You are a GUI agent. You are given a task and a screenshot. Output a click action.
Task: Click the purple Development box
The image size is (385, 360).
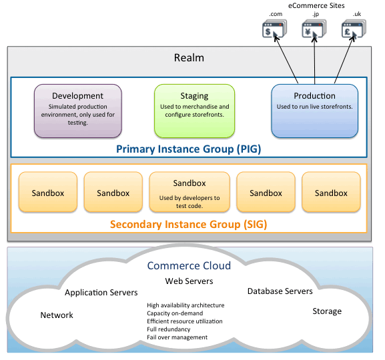[x=78, y=111]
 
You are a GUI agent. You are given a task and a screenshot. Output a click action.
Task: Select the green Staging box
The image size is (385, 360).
[x=194, y=111]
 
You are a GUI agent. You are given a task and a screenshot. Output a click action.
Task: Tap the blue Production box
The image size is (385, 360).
[x=314, y=111]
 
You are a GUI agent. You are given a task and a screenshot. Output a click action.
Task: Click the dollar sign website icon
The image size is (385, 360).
[x=274, y=29]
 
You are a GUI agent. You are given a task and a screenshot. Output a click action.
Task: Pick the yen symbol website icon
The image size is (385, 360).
[x=314, y=29]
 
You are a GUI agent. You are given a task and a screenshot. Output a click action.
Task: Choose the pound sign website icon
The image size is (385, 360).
[x=354, y=29]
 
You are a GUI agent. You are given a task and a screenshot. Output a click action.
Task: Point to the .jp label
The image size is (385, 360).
[x=316, y=14]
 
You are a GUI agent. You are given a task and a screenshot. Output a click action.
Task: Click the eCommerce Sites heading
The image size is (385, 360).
[x=316, y=5]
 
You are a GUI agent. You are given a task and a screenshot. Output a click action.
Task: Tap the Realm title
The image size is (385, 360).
[x=189, y=58]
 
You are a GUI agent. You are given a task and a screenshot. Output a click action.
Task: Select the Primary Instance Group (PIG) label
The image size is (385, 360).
[x=189, y=149]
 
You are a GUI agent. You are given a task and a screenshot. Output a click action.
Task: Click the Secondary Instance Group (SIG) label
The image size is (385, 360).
[x=189, y=224]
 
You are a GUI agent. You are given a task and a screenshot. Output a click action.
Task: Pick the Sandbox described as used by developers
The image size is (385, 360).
[x=189, y=192]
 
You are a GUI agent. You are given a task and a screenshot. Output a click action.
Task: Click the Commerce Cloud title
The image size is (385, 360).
[x=189, y=265]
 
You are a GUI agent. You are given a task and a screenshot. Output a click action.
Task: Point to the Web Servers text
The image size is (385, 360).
[x=189, y=281]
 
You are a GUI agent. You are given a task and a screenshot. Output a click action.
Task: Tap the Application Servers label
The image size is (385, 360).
[x=101, y=293]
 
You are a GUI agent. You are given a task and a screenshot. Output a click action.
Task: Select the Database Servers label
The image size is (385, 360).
[x=280, y=291]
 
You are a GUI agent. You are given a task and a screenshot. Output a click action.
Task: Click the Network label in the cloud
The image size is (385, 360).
[x=57, y=315]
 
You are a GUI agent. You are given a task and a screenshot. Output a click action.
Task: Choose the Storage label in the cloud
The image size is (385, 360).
[x=327, y=311]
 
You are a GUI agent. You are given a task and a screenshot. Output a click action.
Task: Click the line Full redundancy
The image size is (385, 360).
[x=169, y=329]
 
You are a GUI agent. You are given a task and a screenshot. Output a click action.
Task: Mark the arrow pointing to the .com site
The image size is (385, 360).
[x=286, y=59]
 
